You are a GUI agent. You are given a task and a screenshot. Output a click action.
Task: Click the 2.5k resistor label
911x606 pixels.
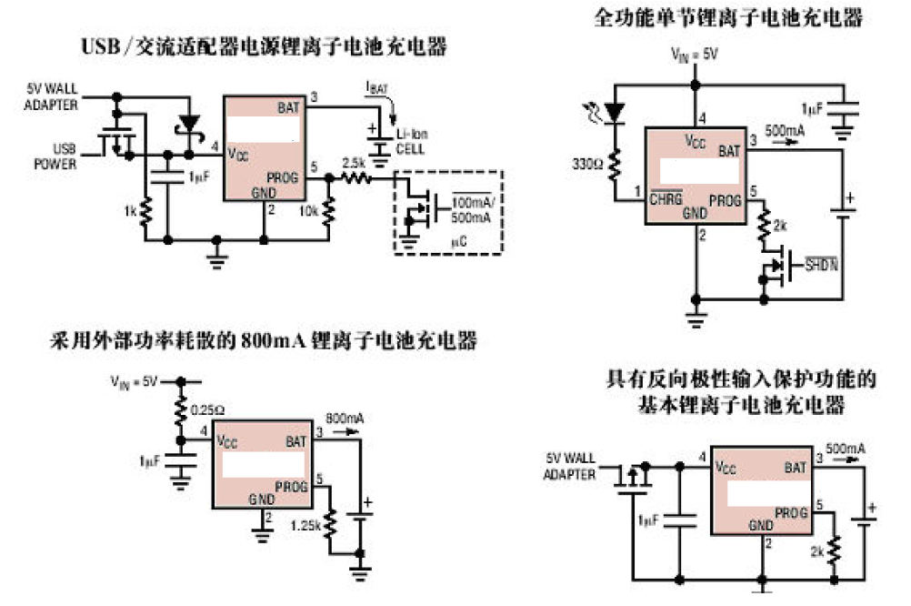tap(354, 163)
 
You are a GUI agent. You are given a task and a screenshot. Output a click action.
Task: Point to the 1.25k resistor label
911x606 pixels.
tap(305, 525)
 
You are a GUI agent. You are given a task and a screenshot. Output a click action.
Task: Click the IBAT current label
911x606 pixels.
tap(376, 88)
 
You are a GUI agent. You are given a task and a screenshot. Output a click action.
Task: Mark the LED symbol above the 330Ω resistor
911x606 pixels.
tap(616, 111)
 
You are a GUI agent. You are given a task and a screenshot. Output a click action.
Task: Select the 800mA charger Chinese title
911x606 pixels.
tap(263, 341)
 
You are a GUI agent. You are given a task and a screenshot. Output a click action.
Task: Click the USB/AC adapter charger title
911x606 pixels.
tap(265, 47)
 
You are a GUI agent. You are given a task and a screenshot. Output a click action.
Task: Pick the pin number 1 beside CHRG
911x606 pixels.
tap(637, 191)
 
